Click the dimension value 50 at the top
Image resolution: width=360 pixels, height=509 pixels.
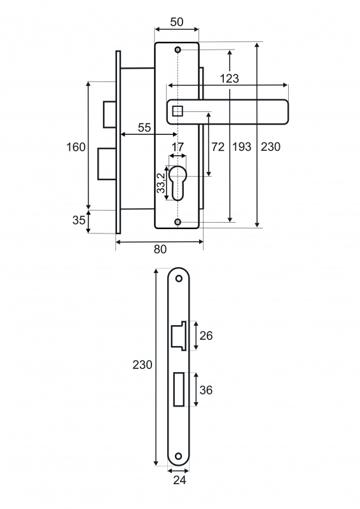pos(177,22)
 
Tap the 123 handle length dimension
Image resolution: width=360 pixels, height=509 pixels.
pos(230,78)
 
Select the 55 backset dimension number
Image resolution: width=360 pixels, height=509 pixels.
pos(144,128)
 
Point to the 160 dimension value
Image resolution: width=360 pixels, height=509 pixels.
pos(76,147)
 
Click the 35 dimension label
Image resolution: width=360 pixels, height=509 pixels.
pos(79,220)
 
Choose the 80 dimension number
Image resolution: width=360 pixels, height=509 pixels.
pos(160,249)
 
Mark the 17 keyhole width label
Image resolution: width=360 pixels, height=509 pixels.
pos(177,147)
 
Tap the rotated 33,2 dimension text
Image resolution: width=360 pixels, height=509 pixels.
pos(161,183)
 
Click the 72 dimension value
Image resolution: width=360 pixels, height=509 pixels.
pos(218,147)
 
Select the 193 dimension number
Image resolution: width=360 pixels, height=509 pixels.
pos(242,147)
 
